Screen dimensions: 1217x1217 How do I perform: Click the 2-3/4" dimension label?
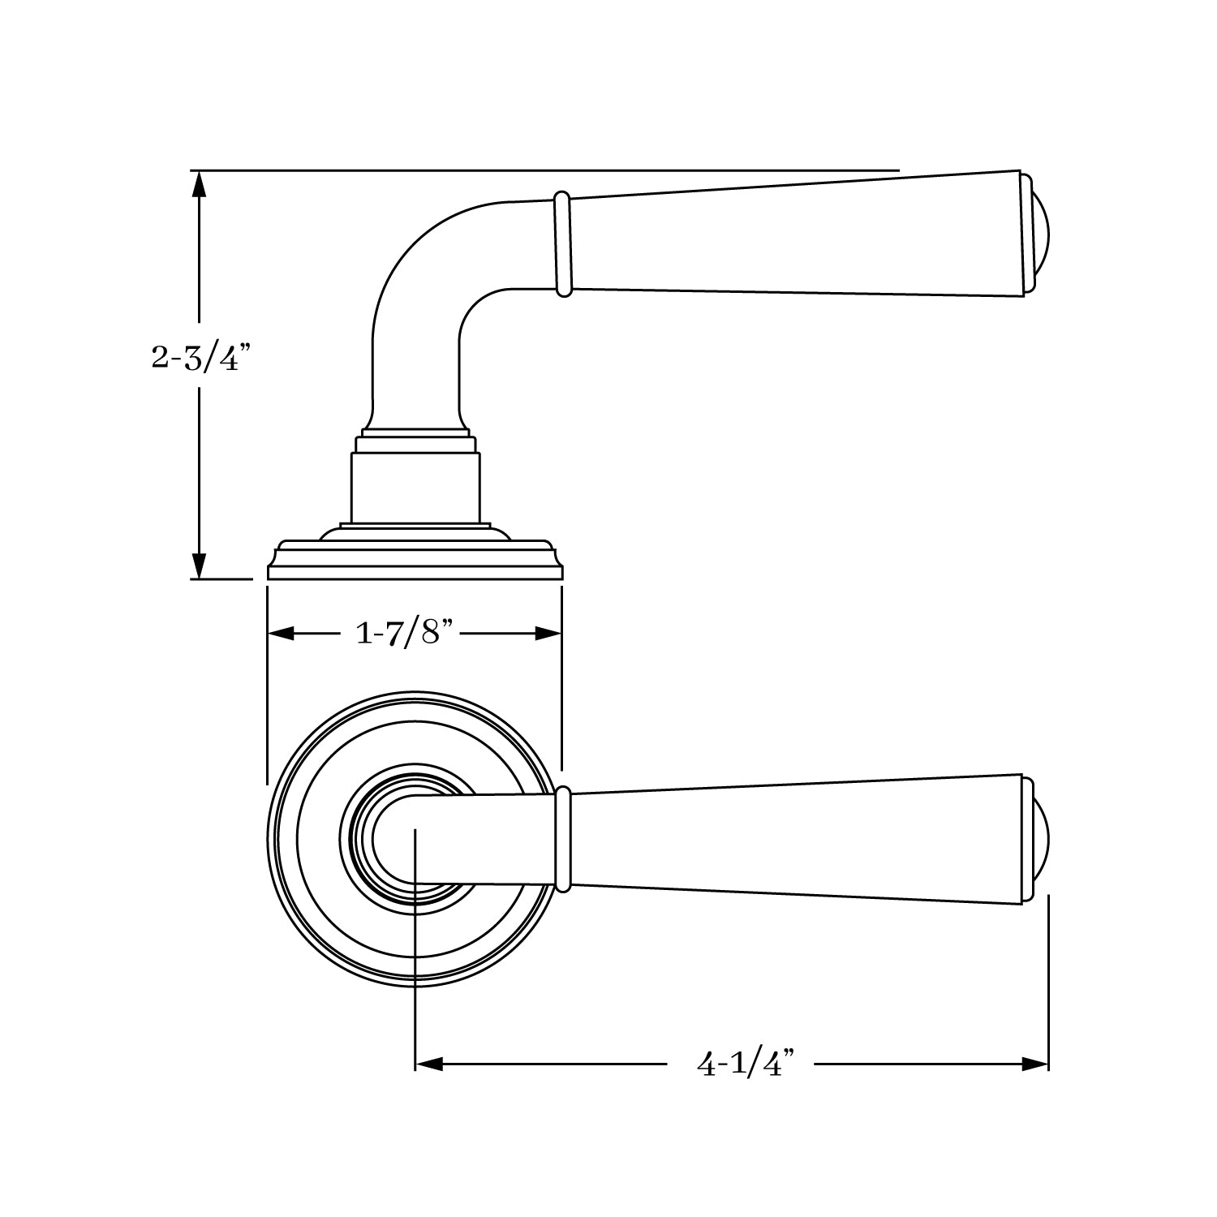(196, 357)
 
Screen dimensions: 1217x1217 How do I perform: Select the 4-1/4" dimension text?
(743, 1063)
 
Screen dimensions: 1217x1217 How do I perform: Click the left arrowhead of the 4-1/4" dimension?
(429, 1064)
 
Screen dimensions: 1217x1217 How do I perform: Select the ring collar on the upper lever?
(561, 244)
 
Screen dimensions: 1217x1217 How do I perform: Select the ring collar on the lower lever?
(564, 839)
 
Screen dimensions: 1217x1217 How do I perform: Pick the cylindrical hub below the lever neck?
(415, 487)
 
